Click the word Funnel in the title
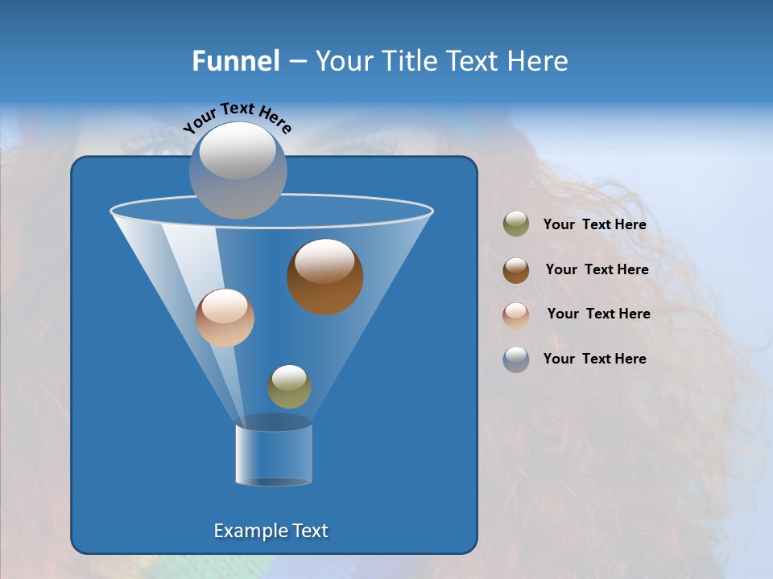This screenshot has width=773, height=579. click(236, 61)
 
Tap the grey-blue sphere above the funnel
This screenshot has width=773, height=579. click(238, 169)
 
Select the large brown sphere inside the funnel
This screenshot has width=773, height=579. click(324, 277)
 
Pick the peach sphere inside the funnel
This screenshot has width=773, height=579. click(225, 318)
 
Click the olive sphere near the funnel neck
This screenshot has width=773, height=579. click(289, 386)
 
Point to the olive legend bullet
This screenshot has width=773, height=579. click(516, 224)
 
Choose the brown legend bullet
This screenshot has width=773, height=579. click(516, 269)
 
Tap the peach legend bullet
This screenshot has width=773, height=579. click(516, 314)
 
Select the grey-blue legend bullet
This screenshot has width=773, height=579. click(516, 359)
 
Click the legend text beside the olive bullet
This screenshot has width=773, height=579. click(594, 225)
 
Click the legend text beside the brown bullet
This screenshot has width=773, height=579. click(597, 269)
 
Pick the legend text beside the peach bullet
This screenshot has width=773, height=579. click(598, 314)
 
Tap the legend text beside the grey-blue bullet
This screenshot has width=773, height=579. click(594, 359)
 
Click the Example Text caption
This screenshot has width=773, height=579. click(271, 531)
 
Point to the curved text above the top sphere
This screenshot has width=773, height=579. click(238, 117)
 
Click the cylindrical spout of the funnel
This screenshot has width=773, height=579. click(274, 454)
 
